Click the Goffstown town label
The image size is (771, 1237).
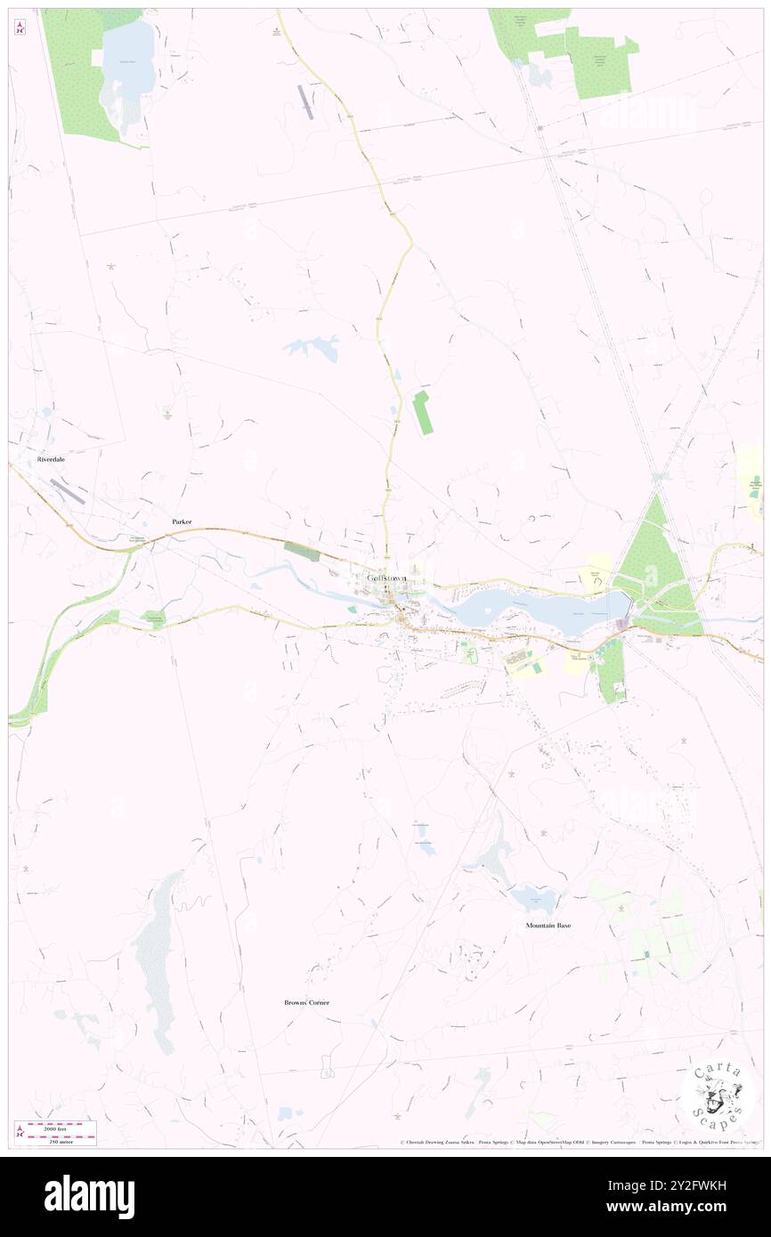click(x=386, y=578)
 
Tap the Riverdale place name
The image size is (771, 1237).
click(x=53, y=461)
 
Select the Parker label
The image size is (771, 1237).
click(x=183, y=521)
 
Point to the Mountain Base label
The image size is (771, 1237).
click(x=548, y=926)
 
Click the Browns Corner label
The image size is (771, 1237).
click(x=306, y=1002)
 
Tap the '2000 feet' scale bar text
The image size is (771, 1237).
click(x=56, y=1128)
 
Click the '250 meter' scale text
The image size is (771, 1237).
click(x=56, y=1140)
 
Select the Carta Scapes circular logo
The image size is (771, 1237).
click(x=717, y=1096)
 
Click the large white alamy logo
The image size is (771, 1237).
click(x=89, y=1195)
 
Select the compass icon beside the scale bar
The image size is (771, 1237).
click(x=20, y=1133)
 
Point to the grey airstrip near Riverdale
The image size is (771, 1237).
click(x=68, y=491)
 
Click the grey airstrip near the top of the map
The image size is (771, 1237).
click(x=307, y=101)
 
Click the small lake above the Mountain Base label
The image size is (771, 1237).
click(x=534, y=899)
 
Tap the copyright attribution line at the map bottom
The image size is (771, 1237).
click(x=579, y=1142)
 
